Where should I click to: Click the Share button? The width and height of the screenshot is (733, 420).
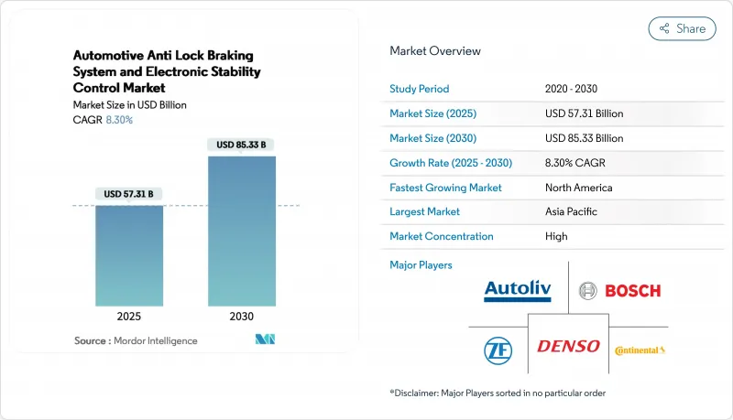[683, 28]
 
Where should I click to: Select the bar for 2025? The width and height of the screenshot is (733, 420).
[128, 255]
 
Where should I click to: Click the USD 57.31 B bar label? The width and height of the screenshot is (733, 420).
[128, 194]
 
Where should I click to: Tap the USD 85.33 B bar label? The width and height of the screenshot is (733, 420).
[242, 145]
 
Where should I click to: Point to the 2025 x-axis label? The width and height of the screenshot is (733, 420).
[128, 317]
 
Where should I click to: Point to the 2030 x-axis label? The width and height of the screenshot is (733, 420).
[242, 317]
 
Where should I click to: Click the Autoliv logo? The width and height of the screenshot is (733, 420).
[518, 291]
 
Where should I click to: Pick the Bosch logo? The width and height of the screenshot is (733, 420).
[619, 291]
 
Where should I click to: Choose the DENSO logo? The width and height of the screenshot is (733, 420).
[568, 346]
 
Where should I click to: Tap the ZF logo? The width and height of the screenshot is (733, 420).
[498, 348]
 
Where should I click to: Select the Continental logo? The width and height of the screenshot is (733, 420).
[640, 350]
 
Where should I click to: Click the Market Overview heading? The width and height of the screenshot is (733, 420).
[435, 51]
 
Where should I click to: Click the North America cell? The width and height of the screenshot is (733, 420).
[578, 187]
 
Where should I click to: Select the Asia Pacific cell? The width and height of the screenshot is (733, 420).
[572, 211]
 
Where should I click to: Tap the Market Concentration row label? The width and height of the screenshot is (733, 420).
[442, 236]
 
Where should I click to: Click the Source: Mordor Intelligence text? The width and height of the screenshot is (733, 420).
[136, 340]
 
